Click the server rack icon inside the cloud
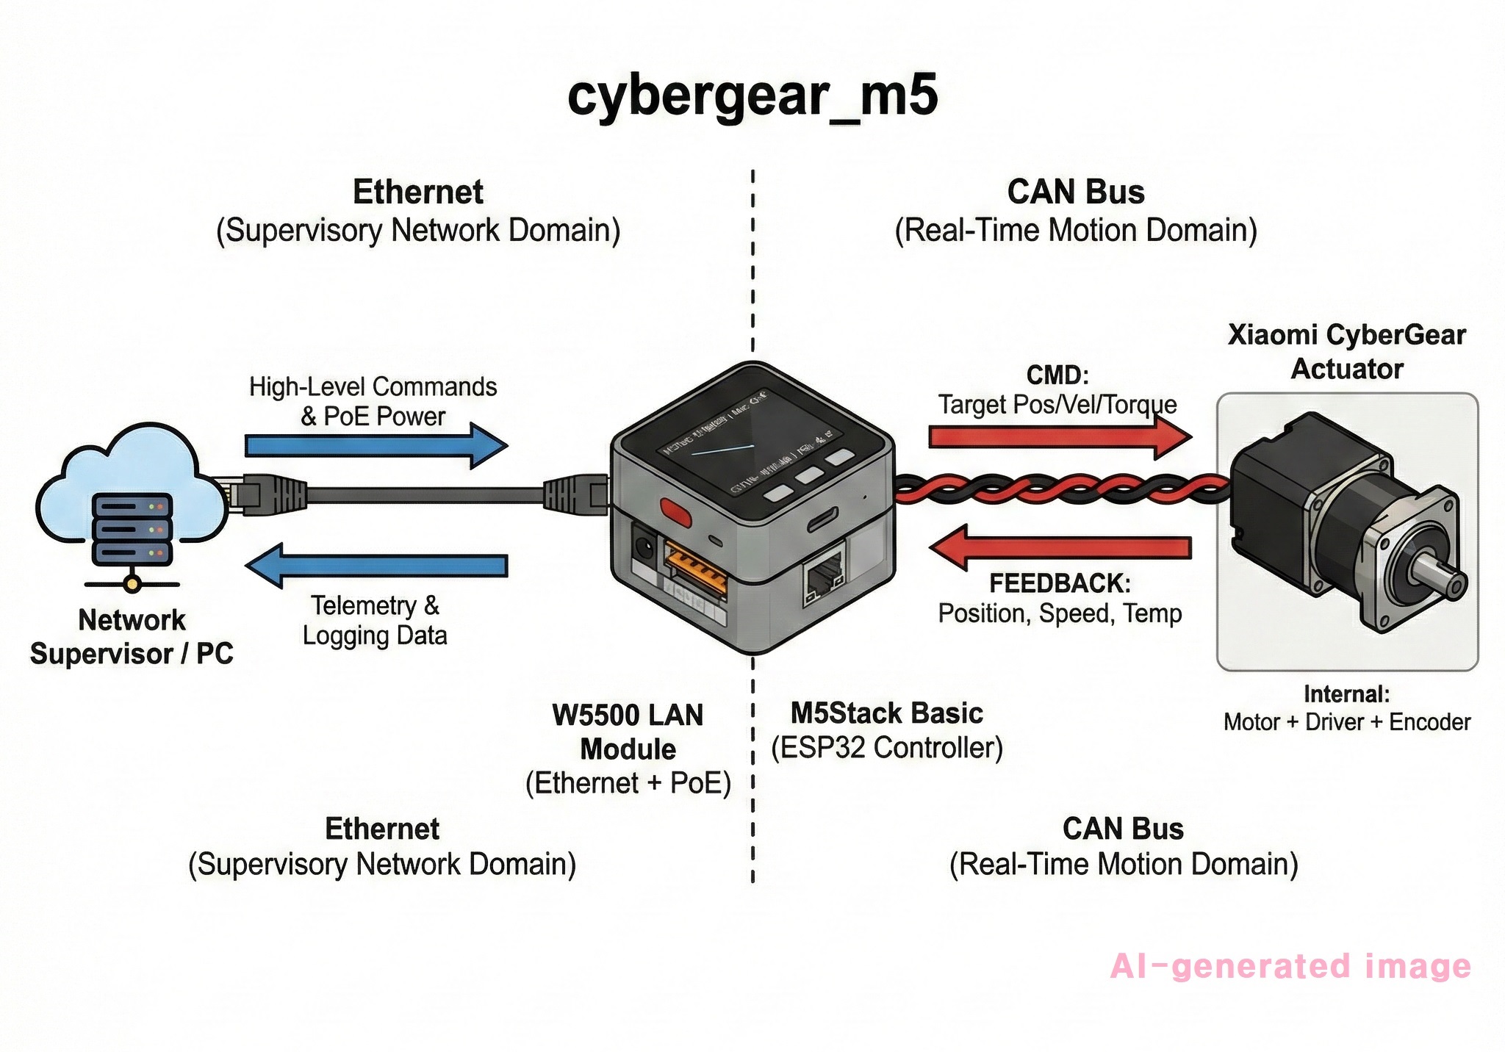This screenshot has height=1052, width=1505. pos(132,529)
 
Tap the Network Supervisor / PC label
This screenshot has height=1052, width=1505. pos(132,637)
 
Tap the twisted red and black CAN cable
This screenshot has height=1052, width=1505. pos(1058,489)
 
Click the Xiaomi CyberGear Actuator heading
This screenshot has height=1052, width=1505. pos(1346,352)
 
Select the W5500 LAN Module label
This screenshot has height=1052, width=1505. pos(628,732)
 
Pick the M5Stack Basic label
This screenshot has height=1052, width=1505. pos(886,713)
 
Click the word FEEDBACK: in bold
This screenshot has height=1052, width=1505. pos(1060,583)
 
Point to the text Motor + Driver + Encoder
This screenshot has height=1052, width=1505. pos(1346,723)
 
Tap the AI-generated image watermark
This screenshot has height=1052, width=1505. pos(1290,967)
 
